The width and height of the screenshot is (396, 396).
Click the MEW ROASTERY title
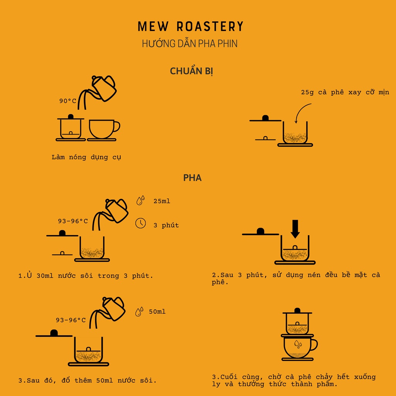191,27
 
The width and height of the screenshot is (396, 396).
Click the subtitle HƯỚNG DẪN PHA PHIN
189,43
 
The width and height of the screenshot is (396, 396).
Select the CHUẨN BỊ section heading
192,72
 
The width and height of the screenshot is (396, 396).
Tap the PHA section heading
192,178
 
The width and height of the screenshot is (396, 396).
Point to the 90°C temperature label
68,101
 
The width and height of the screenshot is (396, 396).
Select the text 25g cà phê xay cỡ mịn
345,92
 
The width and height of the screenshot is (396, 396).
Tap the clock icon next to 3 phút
140,223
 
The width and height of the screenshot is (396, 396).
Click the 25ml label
162,201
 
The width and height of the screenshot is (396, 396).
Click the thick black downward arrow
295,229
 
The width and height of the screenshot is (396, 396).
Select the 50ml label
157,311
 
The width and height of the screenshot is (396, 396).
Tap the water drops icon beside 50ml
139,311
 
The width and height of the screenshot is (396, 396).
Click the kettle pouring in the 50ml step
113,307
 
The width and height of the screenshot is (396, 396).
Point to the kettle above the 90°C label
103,87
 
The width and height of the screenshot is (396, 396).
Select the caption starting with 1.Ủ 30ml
86,276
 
